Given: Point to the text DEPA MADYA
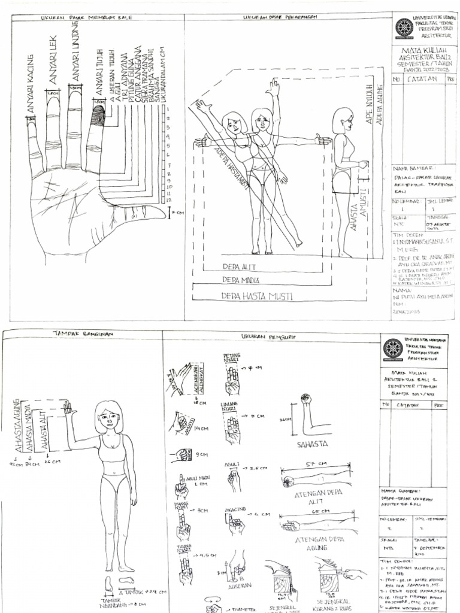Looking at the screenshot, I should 239,280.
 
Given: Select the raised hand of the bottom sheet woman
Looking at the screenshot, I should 67,408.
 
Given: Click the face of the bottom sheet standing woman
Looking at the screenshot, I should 108,419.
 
